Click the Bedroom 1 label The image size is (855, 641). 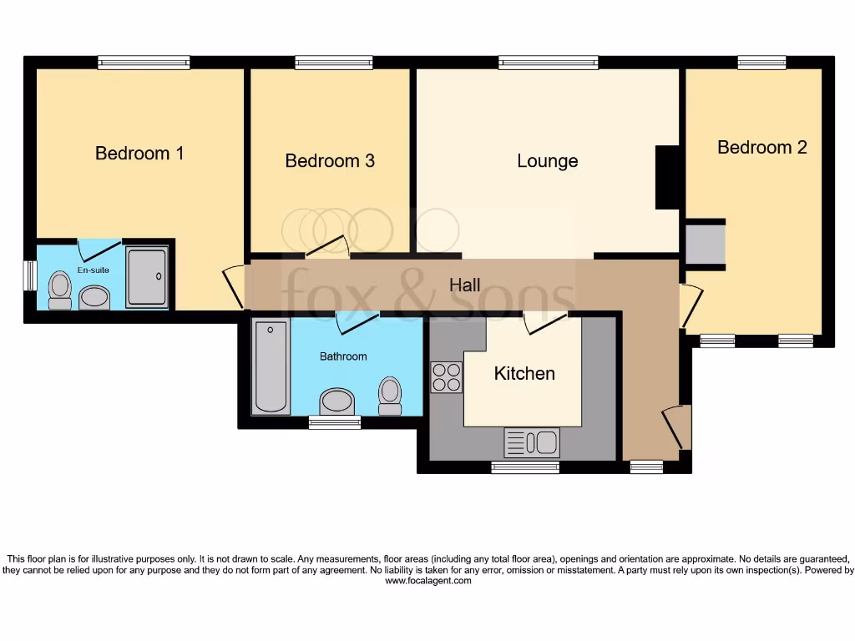click(x=139, y=154)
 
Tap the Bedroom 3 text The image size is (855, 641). click(x=330, y=161)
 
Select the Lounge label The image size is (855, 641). click(x=548, y=161)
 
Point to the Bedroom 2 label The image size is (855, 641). click(x=762, y=148)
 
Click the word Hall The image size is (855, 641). click(x=465, y=285)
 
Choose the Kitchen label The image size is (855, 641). click(x=524, y=373)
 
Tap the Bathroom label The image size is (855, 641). click(x=343, y=356)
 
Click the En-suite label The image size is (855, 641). click(x=94, y=270)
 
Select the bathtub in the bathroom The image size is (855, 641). click(x=271, y=366)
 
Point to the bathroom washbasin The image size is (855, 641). click(x=337, y=401)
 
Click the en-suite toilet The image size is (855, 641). click(x=59, y=290)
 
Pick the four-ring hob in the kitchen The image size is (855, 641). click(x=447, y=376)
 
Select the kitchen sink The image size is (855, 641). click(x=532, y=441)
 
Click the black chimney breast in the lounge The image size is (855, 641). click(x=667, y=177)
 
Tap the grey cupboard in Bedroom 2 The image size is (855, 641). click(x=705, y=243)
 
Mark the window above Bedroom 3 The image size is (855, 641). click(x=333, y=62)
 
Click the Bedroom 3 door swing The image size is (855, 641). click(x=326, y=246)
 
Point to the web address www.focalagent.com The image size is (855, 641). click(x=427, y=581)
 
